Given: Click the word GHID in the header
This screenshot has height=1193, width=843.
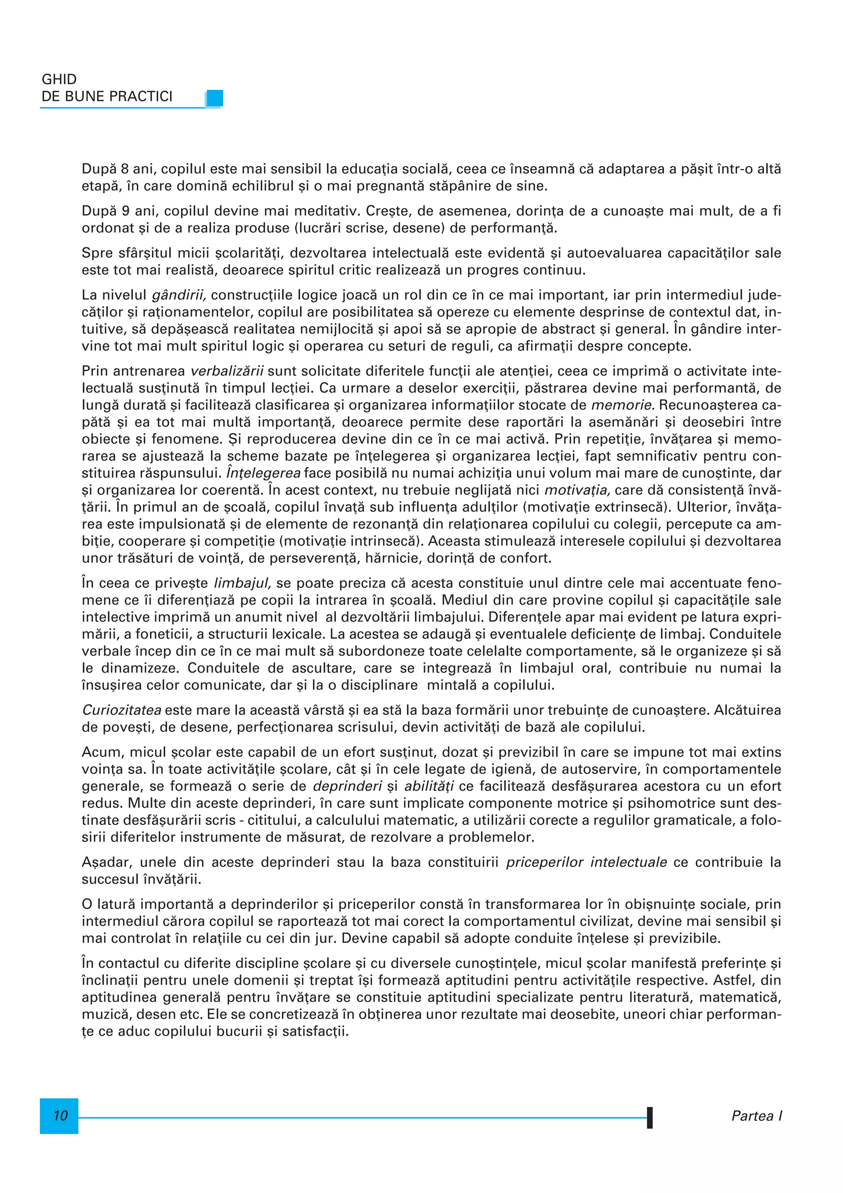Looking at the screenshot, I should [x=59, y=79].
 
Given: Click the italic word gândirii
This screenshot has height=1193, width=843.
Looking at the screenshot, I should [x=179, y=296].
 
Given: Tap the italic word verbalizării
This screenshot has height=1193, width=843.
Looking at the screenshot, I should [x=228, y=371].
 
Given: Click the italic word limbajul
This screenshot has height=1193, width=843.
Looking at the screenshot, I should [x=242, y=583].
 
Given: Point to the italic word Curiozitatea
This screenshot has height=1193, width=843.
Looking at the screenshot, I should [x=121, y=710].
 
